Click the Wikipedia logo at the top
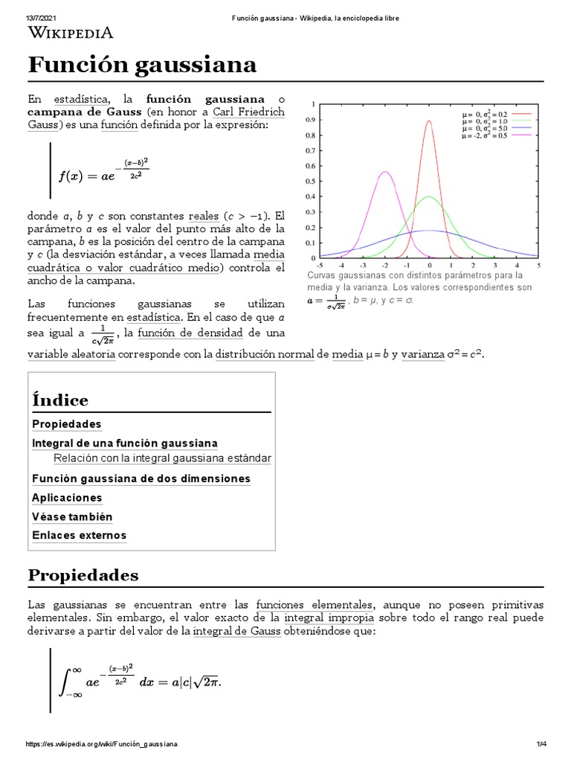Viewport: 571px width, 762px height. pyautogui.click(x=71, y=32)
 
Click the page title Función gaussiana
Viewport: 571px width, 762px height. pyautogui.click(x=142, y=65)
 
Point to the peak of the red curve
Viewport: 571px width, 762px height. pyautogui.click(x=429, y=121)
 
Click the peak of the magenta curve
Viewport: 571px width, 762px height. pyautogui.click(x=384, y=172)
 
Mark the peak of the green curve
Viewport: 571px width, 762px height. pyautogui.click(x=429, y=196)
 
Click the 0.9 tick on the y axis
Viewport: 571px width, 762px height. pyautogui.click(x=310, y=119)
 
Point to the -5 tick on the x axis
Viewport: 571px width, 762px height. pyautogui.click(x=320, y=264)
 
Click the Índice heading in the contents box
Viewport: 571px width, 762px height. pyautogui.click(x=60, y=400)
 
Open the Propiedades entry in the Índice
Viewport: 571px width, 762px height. pyautogui.click(x=67, y=424)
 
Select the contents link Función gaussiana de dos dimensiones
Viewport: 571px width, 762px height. pyautogui.click(x=141, y=478)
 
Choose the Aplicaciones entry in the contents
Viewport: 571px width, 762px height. pyautogui.click(x=67, y=498)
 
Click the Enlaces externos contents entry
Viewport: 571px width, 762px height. pyautogui.click(x=79, y=535)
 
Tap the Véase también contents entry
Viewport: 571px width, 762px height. pyautogui.click(x=72, y=516)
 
